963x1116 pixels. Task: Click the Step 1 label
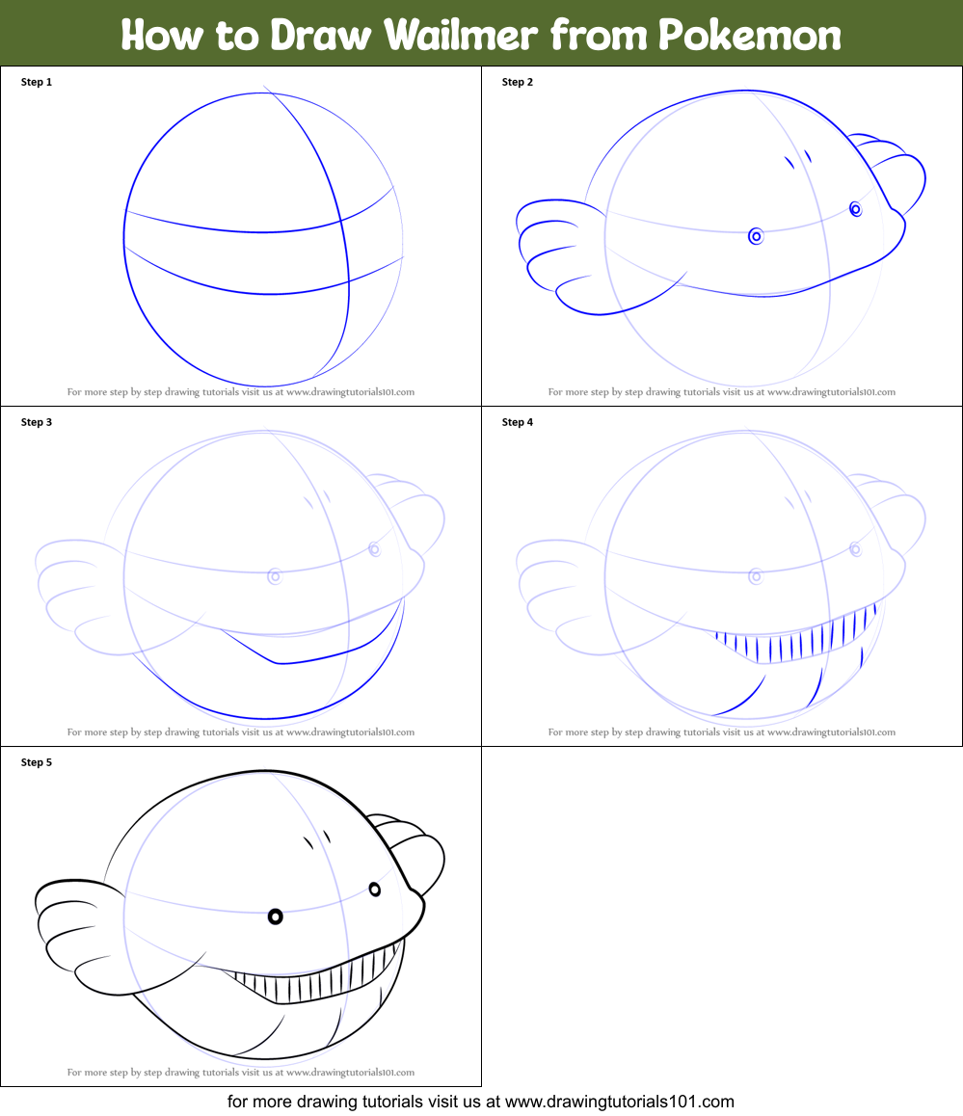point(37,82)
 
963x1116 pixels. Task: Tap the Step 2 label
point(518,82)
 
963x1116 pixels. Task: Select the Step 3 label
point(37,422)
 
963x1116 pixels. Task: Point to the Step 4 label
point(518,422)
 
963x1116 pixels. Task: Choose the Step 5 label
point(37,762)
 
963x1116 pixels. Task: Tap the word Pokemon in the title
point(750,36)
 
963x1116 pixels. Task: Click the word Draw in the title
point(320,36)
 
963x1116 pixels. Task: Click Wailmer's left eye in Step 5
point(275,917)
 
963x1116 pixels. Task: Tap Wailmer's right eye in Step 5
point(375,889)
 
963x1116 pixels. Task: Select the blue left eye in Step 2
point(756,235)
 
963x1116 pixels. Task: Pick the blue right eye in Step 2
point(855,208)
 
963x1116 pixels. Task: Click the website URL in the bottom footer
point(620,1102)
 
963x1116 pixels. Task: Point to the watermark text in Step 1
point(240,392)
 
